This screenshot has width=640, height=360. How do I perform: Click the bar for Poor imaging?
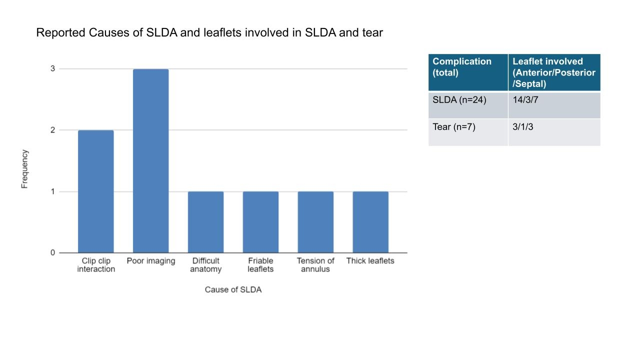[150, 161]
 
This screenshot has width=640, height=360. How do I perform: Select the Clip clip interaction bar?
[96, 191]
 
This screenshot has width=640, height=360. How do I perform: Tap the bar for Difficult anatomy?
[205, 222]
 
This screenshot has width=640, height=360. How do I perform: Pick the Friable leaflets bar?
[260, 222]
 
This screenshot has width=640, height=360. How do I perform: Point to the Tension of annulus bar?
[315, 222]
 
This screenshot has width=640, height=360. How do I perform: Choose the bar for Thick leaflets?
[370, 222]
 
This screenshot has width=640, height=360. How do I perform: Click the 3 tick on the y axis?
[53, 68]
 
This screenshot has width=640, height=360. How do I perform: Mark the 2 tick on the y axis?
[53, 130]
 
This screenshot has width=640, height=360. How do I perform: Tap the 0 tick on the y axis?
[53, 252]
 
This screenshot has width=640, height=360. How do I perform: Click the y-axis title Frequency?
[24, 169]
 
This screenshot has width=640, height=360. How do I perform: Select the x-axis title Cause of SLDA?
[233, 290]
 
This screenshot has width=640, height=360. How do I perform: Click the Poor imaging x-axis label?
[150, 261]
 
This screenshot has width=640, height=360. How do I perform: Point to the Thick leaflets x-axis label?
[370, 261]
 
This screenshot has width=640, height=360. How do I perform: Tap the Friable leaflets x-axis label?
[260, 265]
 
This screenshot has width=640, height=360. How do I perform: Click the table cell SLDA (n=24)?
[459, 99]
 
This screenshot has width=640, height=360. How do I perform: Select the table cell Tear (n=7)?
[454, 127]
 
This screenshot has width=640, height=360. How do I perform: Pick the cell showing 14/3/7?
[525, 99]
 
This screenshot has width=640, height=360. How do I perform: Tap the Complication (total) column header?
[462, 66]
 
